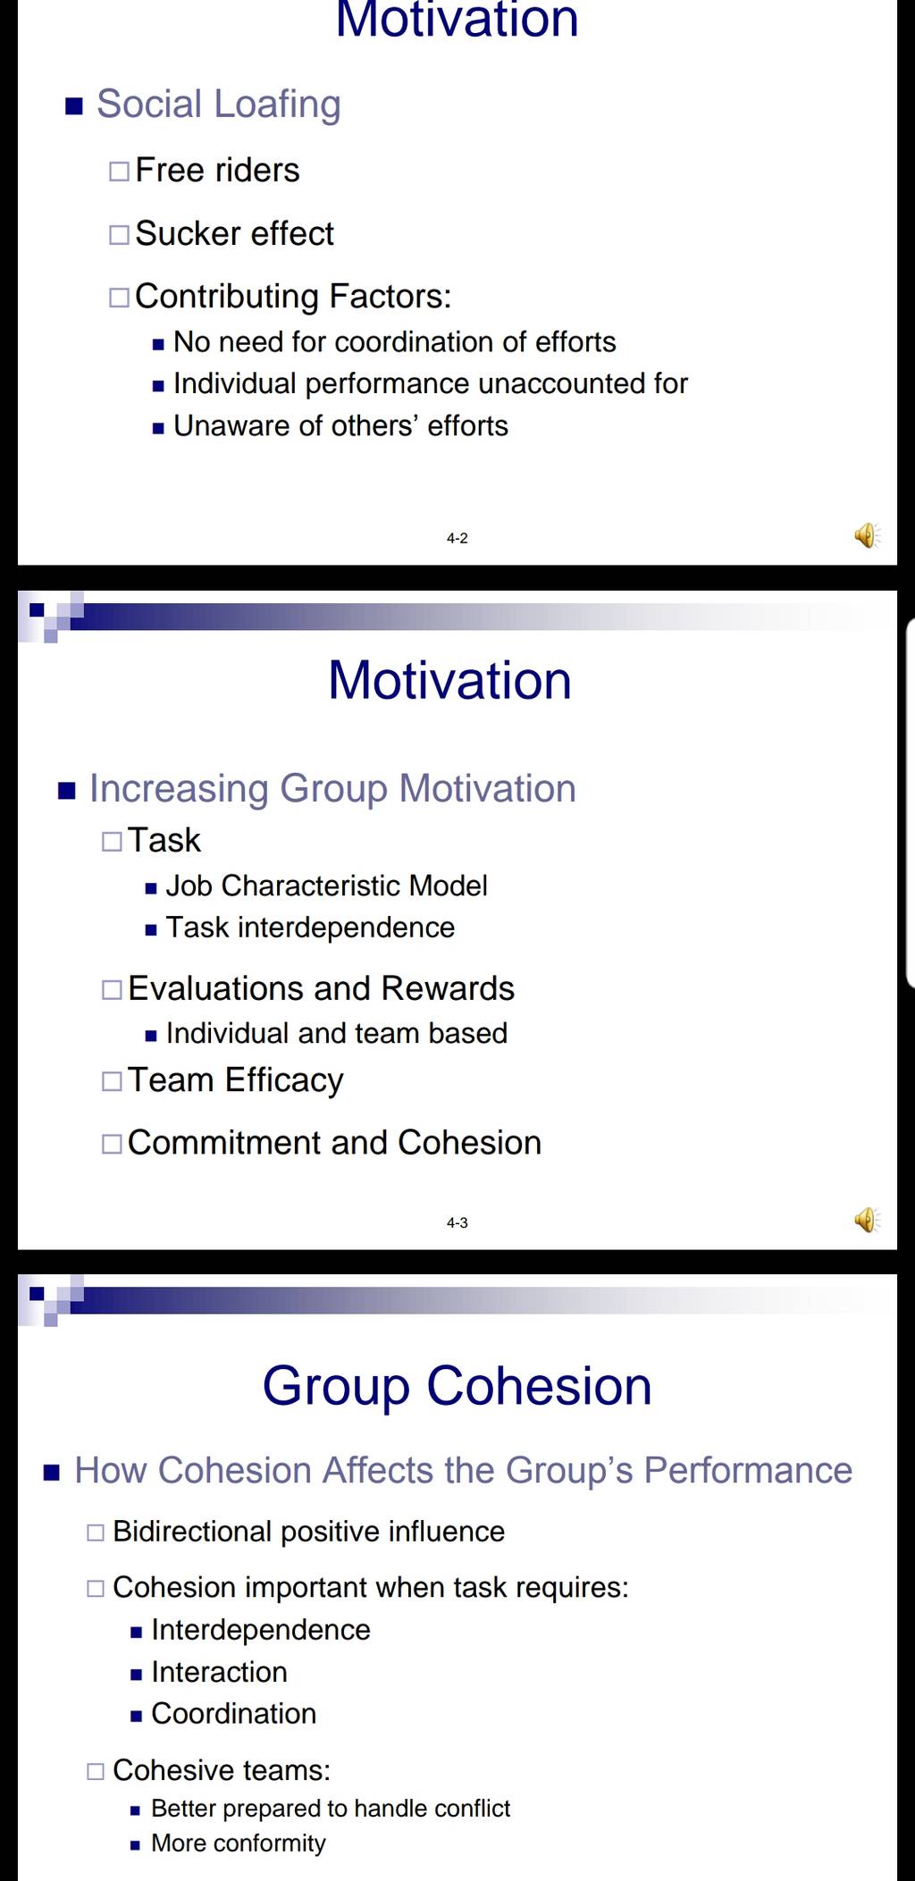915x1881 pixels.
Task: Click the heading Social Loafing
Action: pyautogui.click(x=219, y=105)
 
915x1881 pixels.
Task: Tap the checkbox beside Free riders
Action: pyautogui.click(x=119, y=171)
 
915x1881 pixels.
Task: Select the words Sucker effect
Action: pyautogui.click(x=234, y=233)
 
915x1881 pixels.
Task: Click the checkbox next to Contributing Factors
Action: pyautogui.click(x=119, y=297)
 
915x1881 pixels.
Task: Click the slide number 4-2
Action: pyautogui.click(x=457, y=538)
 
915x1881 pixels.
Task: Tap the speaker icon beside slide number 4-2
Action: pyautogui.click(x=867, y=535)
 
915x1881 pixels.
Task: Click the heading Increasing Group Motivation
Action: pyautogui.click(x=332, y=789)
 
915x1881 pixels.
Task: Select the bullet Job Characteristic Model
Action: pyautogui.click(x=327, y=886)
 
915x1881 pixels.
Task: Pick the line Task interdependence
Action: pyautogui.click(x=310, y=928)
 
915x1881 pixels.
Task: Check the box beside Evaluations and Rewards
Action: pyautogui.click(x=112, y=990)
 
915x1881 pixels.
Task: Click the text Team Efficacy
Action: pyautogui.click(x=236, y=1080)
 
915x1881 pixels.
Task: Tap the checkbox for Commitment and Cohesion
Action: pyautogui.click(x=112, y=1144)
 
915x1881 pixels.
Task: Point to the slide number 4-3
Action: pyautogui.click(x=457, y=1222)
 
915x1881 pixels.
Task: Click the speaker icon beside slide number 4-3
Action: pyautogui.click(x=867, y=1220)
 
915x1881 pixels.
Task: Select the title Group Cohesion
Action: pyautogui.click(x=457, y=1387)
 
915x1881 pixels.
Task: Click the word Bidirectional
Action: pyautogui.click(x=192, y=1532)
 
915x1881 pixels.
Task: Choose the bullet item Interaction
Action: pyautogui.click(x=219, y=1672)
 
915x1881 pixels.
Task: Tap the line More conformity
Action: pyautogui.click(x=239, y=1843)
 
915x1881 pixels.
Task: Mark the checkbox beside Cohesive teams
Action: pyautogui.click(x=96, y=1771)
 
